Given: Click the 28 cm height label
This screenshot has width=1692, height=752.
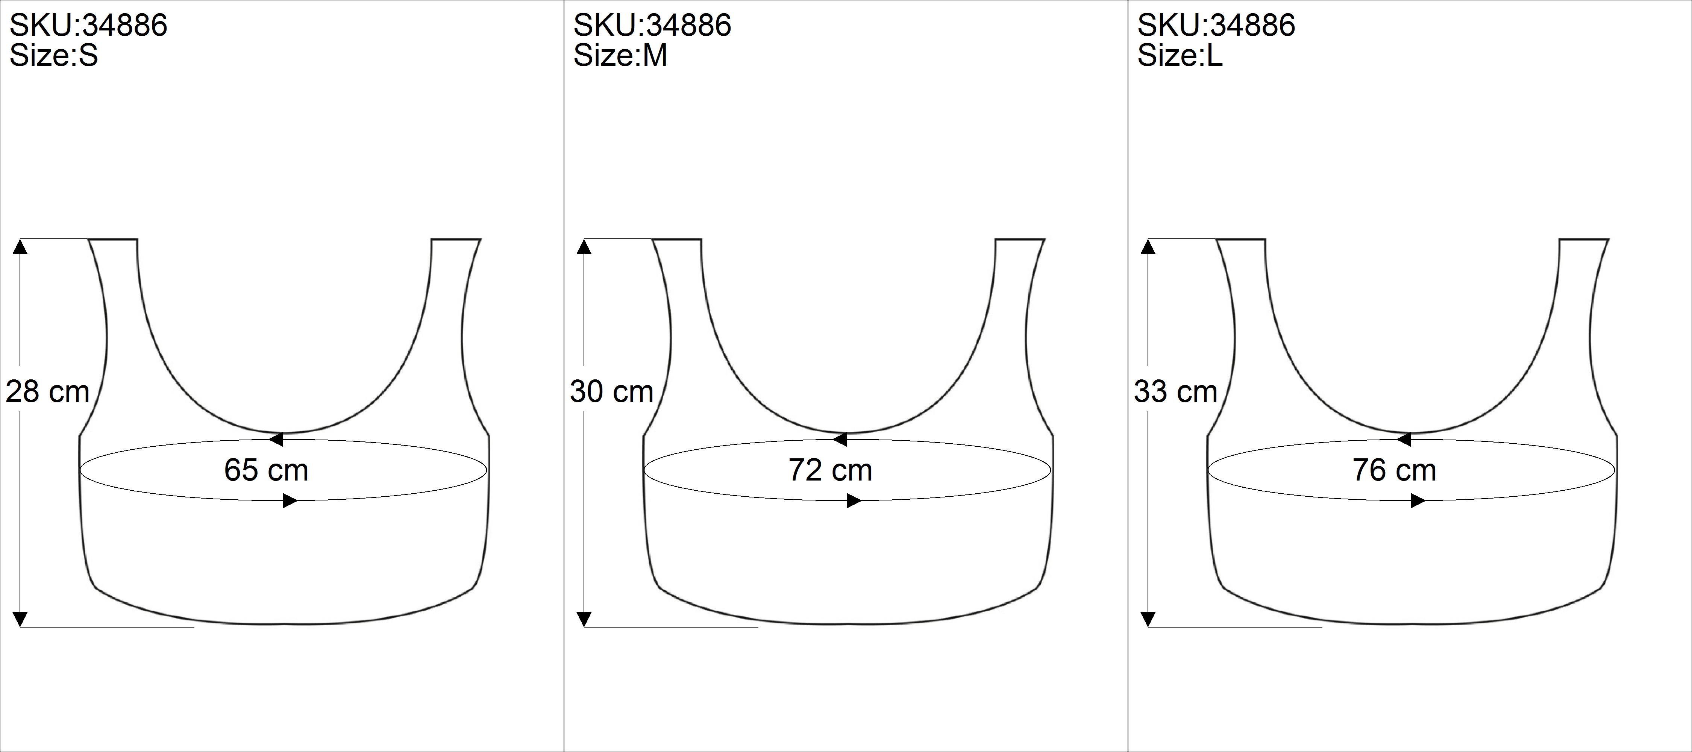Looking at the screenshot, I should [x=47, y=392].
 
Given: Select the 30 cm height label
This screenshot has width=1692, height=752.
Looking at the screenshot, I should [x=611, y=392].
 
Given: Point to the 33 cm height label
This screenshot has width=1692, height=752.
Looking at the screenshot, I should [x=1176, y=392].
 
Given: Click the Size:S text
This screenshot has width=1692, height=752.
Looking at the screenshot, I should [x=54, y=56].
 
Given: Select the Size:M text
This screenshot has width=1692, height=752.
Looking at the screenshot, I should [x=620, y=56].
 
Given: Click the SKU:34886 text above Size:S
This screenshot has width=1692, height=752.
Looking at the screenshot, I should [x=89, y=26].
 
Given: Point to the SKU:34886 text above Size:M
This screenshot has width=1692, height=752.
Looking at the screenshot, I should [x=652, y=26].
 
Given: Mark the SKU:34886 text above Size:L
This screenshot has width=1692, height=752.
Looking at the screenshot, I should [x=1216, y=26].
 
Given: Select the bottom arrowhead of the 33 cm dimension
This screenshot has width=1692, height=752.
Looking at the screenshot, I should [x=1148, y=619].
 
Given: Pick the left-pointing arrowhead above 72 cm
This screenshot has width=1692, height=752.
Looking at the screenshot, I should [x=840, y=440].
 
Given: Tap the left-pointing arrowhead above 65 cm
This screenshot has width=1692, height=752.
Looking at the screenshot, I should [x=276, y=440].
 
